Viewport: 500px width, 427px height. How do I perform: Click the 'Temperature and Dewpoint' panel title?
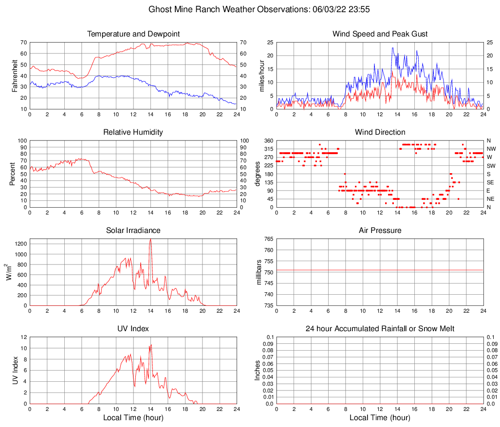click(133, 34)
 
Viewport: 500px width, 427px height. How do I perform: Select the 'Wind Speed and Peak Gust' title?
click(380, 34)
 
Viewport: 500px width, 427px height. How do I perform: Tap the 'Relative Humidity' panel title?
click(133, 132)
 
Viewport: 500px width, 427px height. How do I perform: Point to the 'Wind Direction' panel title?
click(380, 132)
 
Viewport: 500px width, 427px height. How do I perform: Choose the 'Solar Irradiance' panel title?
click(133, 231)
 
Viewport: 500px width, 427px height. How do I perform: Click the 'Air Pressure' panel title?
click(380, 231)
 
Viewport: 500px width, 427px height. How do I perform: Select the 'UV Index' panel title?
click(133, 329)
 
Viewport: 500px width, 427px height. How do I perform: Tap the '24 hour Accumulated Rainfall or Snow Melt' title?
click(380, 329)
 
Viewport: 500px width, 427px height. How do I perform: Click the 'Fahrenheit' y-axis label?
click(15, 75)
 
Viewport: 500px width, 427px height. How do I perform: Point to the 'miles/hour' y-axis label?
click(261, 75)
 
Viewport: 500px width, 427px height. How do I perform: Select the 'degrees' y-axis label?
click(258, 174)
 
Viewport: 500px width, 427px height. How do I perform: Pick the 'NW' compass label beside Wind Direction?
click(491, 149)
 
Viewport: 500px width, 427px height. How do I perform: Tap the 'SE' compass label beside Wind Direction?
click(491, 182)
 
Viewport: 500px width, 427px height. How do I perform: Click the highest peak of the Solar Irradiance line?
click(150, 239)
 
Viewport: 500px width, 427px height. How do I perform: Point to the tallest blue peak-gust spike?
click(392, 48)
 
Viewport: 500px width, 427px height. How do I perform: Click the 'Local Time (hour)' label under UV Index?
click(133, 418)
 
